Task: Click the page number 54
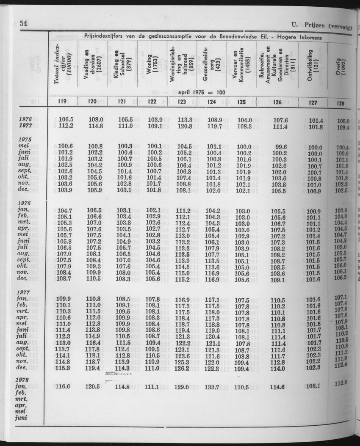click(24, 23)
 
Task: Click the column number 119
click(61, 102)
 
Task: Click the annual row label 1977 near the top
click(26, 126)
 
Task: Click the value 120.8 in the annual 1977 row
click(185, 126)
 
